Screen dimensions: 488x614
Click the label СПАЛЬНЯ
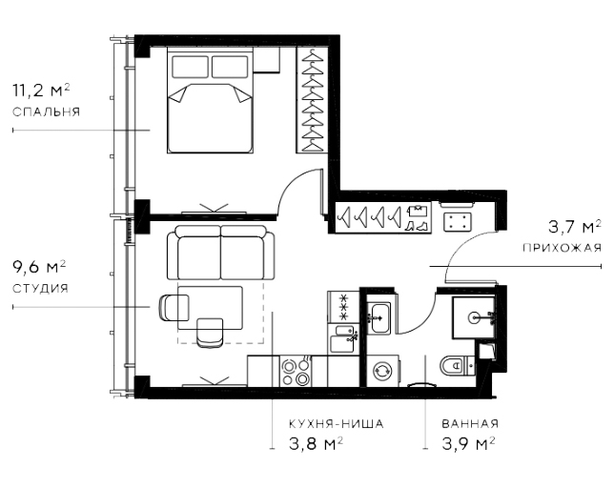(46, 112)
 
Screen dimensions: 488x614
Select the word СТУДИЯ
(40, 287)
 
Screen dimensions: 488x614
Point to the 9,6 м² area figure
(39, 267)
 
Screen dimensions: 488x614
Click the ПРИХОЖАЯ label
(562, 247)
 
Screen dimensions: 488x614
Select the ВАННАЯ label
(470, 422)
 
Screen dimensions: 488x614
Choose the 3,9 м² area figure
(467, 443)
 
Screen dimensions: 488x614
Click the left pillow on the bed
(189, 66)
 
